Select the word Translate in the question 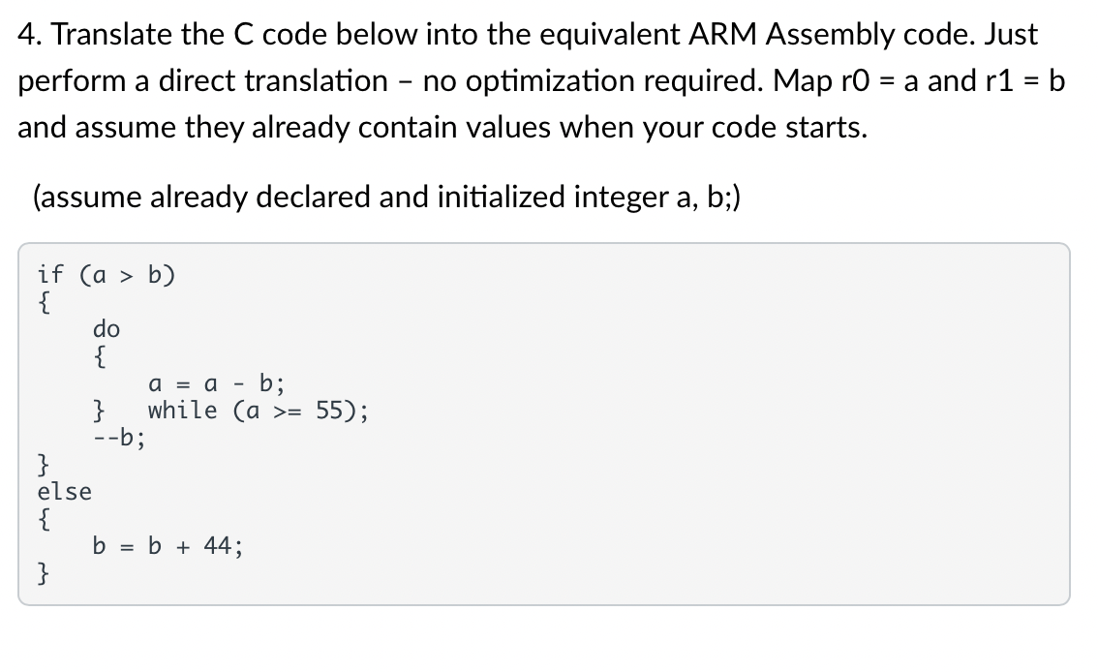(109, 36)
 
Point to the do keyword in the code (107, 329)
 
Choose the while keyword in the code (183, 410)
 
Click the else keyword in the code (65, 491)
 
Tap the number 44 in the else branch (219, 546)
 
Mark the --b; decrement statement (121, 437)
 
